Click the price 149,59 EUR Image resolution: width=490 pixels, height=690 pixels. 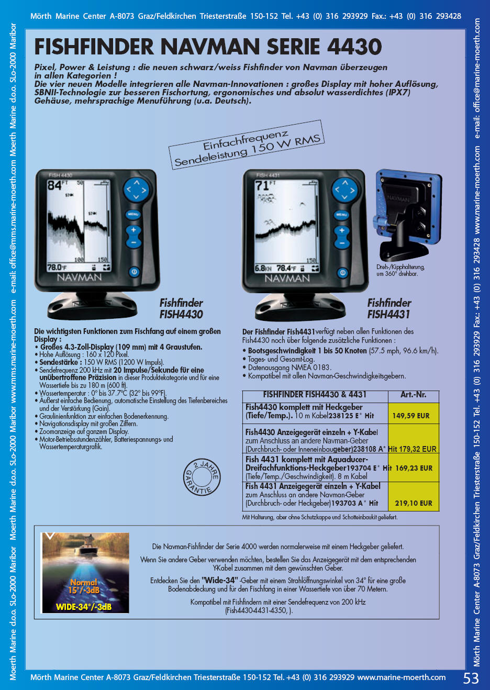(x=410, y=416)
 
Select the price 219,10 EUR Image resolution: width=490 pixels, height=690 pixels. (x=414, y=503)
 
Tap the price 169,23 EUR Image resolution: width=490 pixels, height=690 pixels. (x=414, y=468)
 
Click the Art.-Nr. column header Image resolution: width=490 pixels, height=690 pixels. (x=414, y=395)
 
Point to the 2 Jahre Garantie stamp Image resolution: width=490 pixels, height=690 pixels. (x=202, y=476)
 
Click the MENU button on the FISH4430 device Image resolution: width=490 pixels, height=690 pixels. (x=133, y=215)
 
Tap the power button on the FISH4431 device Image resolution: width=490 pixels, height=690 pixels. (x=342, y=273)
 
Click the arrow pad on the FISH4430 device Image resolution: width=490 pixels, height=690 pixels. (x=136, y=190)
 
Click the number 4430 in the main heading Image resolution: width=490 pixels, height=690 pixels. (x=354, y=47)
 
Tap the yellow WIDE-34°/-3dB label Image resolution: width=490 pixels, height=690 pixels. (x=84, y=607)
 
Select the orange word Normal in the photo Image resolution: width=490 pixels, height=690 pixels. (x=83, y=582)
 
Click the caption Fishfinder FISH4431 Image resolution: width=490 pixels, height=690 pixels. (x=389, y=309)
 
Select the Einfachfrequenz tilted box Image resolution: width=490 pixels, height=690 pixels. (x=247, y=145)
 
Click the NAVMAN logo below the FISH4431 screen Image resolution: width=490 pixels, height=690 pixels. (x=287, y=279)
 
